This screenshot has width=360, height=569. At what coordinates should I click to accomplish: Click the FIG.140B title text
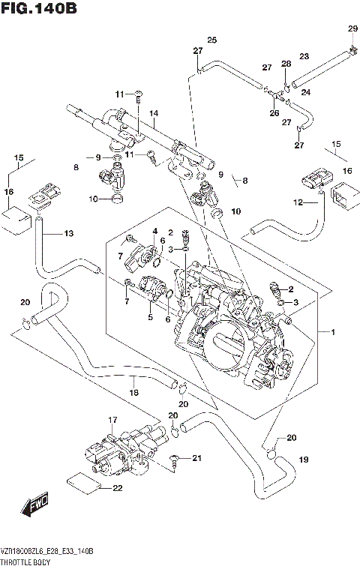coord(39,10)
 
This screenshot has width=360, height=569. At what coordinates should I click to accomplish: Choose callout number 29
coord(352,28)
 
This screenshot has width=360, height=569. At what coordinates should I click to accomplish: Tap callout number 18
coord(133,392)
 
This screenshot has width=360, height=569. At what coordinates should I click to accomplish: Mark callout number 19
coord(304,459)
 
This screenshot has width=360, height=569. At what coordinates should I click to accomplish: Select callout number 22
coord(117,489)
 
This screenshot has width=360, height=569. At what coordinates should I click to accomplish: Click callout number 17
coord(113,419)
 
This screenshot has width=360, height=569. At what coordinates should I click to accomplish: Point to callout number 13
coord(69,234)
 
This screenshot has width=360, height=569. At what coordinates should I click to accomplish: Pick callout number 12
coord(298,202)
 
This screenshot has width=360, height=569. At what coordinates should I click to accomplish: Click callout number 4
coord(155,230)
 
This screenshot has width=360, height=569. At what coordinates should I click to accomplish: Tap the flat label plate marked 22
coord(82,484)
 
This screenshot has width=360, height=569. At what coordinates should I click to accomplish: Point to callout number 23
coord(304,56)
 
